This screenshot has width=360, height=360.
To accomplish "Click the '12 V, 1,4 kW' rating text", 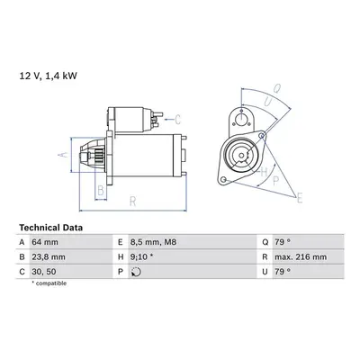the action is [x=49, y=76].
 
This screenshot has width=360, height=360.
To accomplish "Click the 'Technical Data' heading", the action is [x=50, y=228].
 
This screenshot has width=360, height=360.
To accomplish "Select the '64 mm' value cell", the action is [x=45, y=242].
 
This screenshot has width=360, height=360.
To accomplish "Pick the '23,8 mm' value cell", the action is [x=49, y=257].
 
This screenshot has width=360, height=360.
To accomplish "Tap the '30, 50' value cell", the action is [x=44, y=272].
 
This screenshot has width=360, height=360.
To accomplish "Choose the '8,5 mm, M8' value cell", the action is [x=153, y=242].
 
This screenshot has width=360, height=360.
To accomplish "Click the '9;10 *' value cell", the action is [x=141, y=257].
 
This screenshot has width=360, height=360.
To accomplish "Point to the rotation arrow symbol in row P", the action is [x=136, y=272].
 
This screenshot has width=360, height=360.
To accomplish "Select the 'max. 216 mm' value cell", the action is [x=301, y=257].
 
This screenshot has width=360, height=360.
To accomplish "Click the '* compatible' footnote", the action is [x=49, y=283].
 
